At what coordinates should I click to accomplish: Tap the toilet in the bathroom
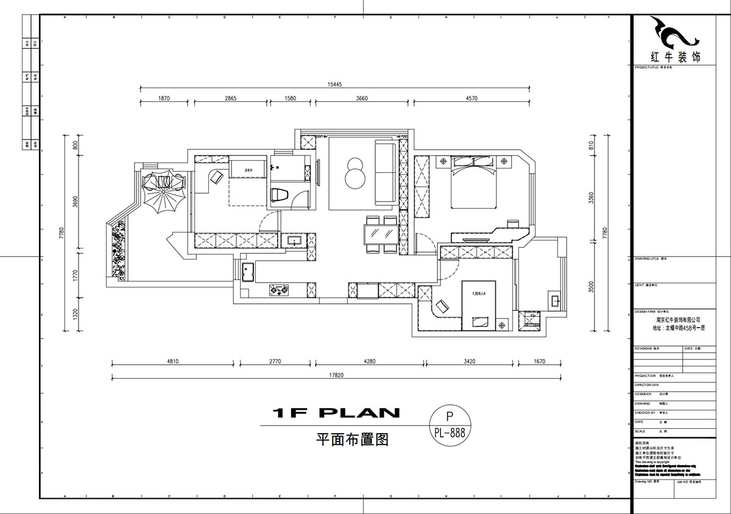(279, 195)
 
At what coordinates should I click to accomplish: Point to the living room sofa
(385, 171)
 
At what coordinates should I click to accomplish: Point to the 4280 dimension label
(369, 362)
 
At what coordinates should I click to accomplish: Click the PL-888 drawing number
(450, 433)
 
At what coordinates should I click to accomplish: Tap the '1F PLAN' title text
(336, 414)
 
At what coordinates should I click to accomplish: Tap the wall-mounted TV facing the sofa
(318, 171)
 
